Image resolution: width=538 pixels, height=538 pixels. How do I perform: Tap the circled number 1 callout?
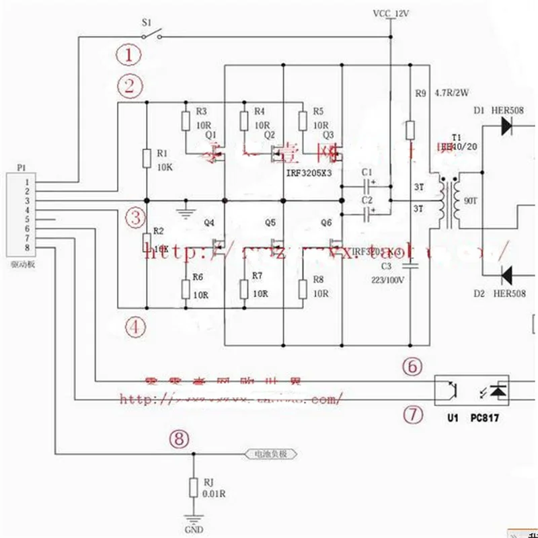(129, 54)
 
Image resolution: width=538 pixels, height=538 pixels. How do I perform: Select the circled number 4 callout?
(134, 328)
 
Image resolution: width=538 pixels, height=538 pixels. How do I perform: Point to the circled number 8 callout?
(178, 439)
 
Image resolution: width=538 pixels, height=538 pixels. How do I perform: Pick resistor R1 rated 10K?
(147, 158)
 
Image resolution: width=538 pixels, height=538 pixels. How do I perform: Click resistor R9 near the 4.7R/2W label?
(410, 130)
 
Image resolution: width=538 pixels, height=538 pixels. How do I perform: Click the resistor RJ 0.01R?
(193, 486)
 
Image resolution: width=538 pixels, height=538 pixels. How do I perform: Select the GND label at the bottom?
(193, 529)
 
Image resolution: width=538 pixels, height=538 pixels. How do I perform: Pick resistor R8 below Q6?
(303, 288)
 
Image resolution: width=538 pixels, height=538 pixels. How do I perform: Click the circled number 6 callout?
(412, 367)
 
